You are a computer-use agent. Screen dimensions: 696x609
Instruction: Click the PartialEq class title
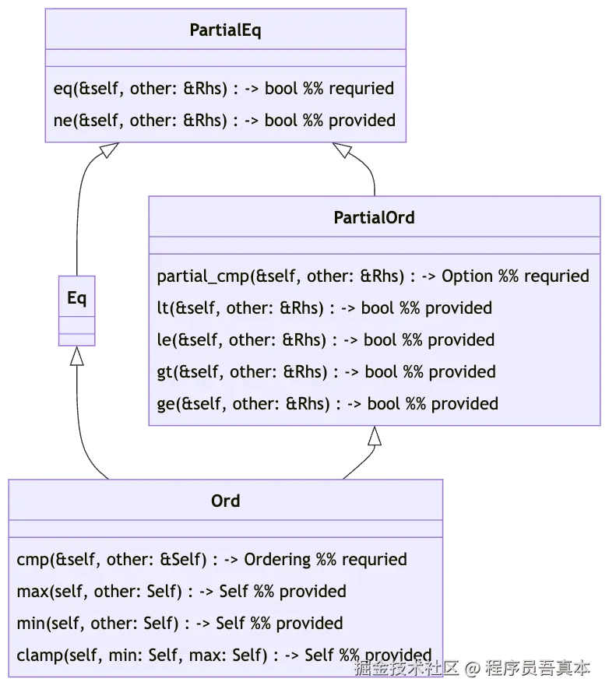(x=225, y=30)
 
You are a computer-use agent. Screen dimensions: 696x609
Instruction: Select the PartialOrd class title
(x=374, y=217)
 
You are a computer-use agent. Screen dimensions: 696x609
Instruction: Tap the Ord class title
(x=225, y=501)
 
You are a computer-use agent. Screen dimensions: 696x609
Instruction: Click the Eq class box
(x=76, y=310)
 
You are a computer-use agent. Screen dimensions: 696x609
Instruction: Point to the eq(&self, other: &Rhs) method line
(x=224, y=89)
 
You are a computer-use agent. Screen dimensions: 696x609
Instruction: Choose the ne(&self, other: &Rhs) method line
(x=224, y=121)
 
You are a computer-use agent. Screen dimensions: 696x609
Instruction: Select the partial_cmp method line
(x=372, y=276)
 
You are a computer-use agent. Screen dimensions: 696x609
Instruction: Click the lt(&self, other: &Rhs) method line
(x=324, y=308)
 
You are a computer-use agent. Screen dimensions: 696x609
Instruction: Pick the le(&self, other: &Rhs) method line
(x=326, y=340)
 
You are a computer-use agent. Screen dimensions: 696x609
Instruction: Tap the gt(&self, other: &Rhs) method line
(x=326, y=372)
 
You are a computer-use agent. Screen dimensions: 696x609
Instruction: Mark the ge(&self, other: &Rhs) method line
(x=327, y=404)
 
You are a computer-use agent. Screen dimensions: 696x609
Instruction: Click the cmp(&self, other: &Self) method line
(x=211, y=560)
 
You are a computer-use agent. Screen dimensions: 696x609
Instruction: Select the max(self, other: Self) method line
(x=181, y=592)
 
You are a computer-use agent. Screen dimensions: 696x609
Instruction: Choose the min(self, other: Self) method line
(x=179, y=624)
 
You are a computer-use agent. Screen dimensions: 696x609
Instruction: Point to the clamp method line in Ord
(x=224, y=656)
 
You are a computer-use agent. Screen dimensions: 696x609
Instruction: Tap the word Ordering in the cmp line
(x=277, y=560)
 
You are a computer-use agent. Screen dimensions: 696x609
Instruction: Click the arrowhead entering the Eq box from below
(x=77, y=357)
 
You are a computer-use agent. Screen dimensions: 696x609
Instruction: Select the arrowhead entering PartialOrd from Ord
(x=375, y=440)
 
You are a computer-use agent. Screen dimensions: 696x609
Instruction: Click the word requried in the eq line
(x=361, y=89)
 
